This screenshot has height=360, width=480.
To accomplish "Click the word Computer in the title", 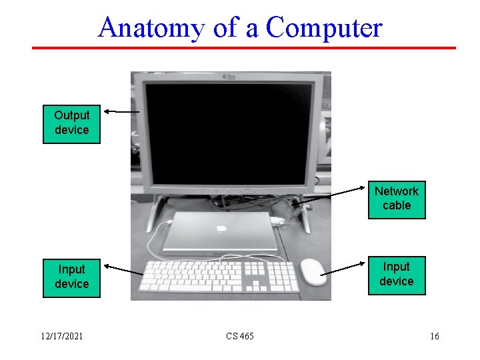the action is [324, 28].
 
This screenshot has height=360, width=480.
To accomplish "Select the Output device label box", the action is [71, 123].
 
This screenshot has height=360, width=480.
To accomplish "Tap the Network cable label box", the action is [396, 199].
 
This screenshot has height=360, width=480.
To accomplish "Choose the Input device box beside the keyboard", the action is [71, 277].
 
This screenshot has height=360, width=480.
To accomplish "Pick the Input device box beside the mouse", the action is [396, 274].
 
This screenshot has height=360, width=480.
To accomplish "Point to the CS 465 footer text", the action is [239, 336].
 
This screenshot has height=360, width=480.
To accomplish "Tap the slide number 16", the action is [434, 336].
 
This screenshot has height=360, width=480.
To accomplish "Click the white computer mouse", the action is [313, 271].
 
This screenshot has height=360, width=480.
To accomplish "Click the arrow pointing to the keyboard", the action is [125, 270].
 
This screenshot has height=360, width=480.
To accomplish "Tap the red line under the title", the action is [244, 48].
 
